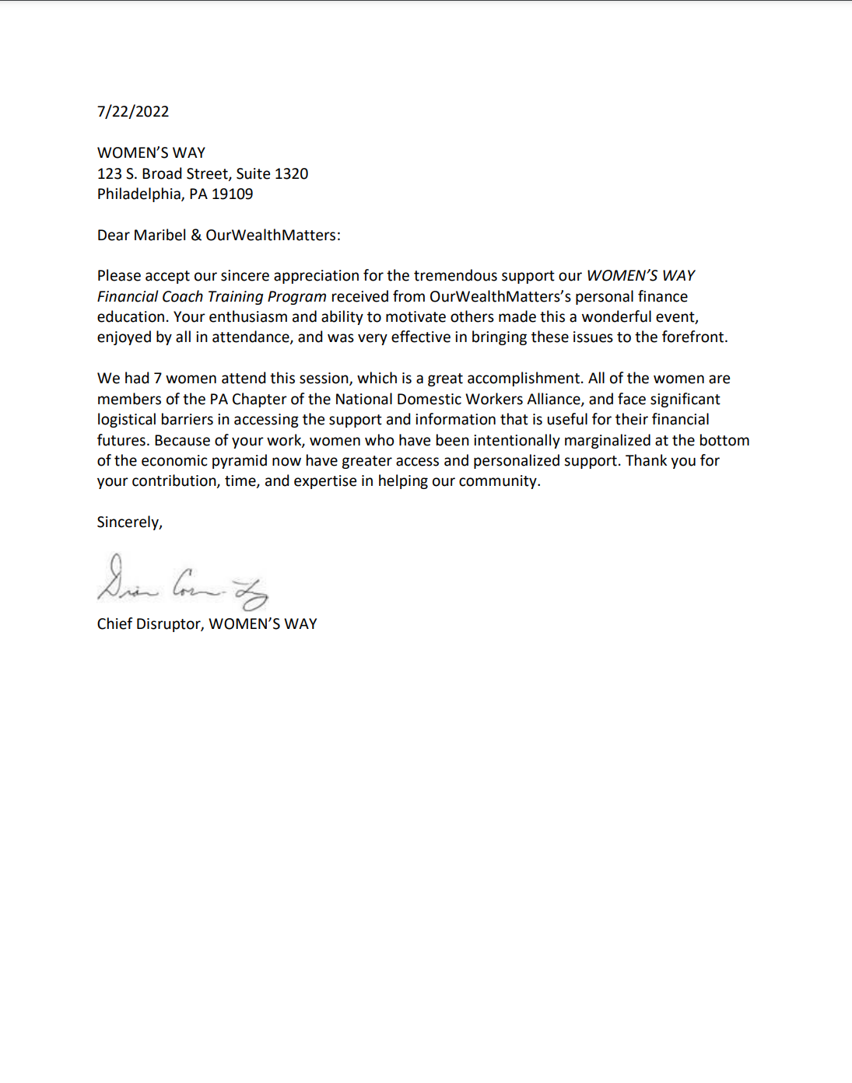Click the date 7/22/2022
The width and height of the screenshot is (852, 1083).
tap(133, 111)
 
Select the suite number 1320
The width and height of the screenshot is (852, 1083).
tap(291, 173)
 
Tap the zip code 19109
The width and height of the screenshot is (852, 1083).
tap(232, 194)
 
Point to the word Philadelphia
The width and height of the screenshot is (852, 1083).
tap(139, 194)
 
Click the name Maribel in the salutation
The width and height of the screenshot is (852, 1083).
tap(160, 235)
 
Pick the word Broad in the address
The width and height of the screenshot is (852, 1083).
tap(162, 173)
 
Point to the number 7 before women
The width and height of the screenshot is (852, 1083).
tap(157, 378)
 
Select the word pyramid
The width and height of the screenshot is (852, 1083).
tap(239, 460)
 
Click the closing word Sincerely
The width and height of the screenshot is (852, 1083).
tap(129, 522)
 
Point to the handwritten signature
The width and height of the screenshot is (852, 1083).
tap(182, 584)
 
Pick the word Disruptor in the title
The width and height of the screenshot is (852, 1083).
tap(170, 624)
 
